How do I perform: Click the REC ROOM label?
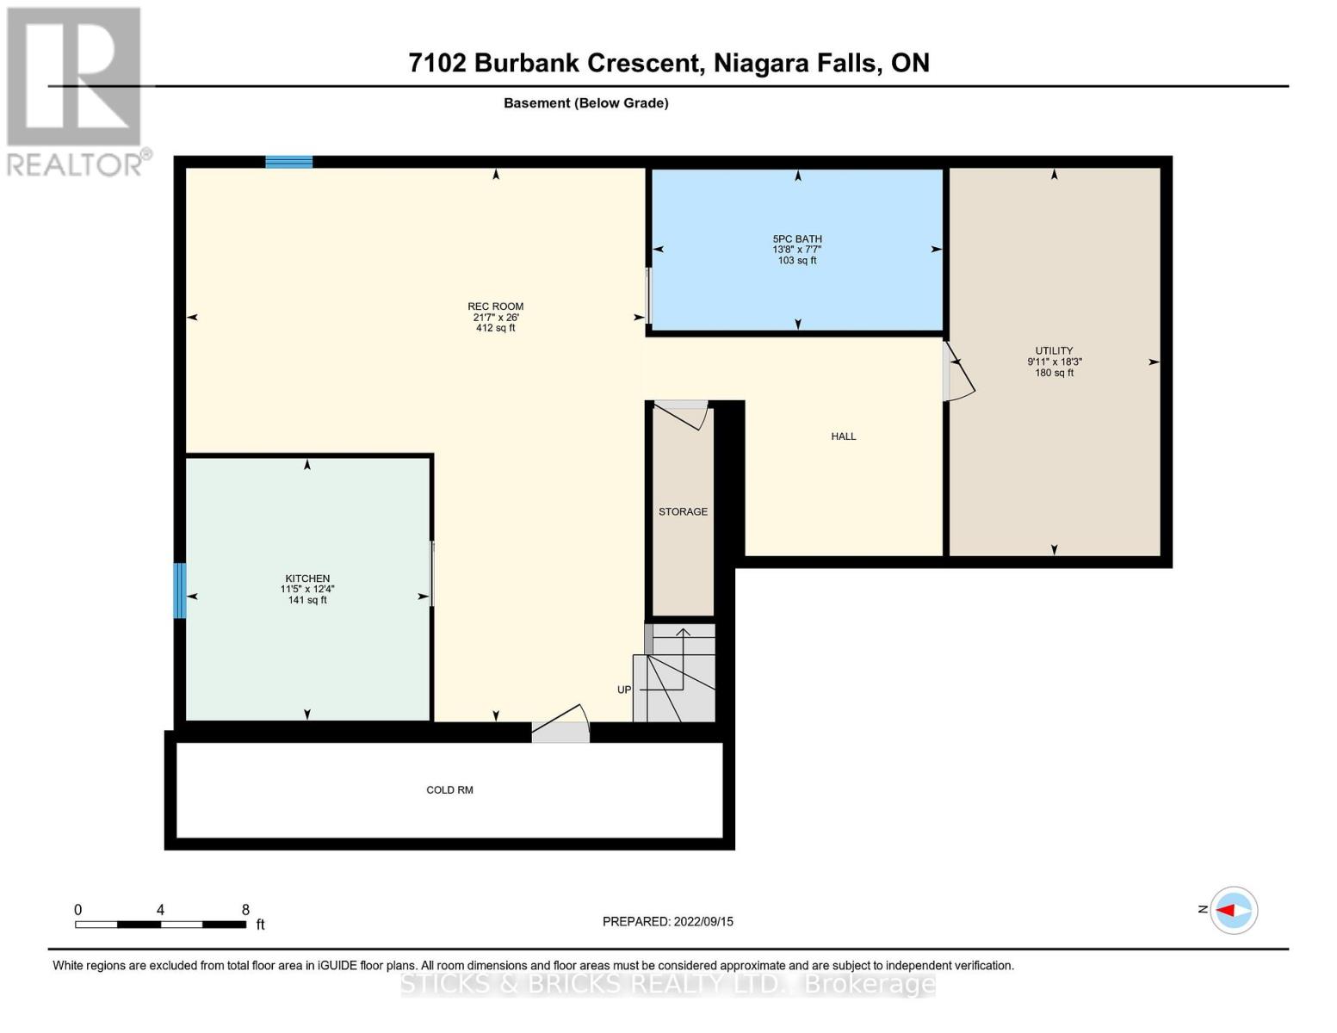click(x=495, y=306)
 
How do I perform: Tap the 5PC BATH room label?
click(x=796, y=239)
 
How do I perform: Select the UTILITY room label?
click(x=1054, y=351)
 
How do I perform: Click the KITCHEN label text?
click(x=307, y=578)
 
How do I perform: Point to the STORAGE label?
click(x=683, y=512)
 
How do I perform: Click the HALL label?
click(x=843, y=436)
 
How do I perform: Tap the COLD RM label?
click(x=449, y=790)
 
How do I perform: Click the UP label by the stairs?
click(x=624, y=690)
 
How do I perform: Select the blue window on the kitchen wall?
click(x=180, y=591)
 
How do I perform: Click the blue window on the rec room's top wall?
click(x=288, y=162)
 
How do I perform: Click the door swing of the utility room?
click(x=958, y=372)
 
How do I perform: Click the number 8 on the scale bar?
click(x=245, y=910)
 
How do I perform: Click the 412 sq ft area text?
click(x=495, y=328)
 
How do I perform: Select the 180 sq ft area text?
click(x=1054, y=373)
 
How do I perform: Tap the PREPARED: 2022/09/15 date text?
click(x=667, y=922)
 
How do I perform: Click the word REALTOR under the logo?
click(x=74, y=164)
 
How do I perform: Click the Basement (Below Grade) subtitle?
click(x=585, y=103)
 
